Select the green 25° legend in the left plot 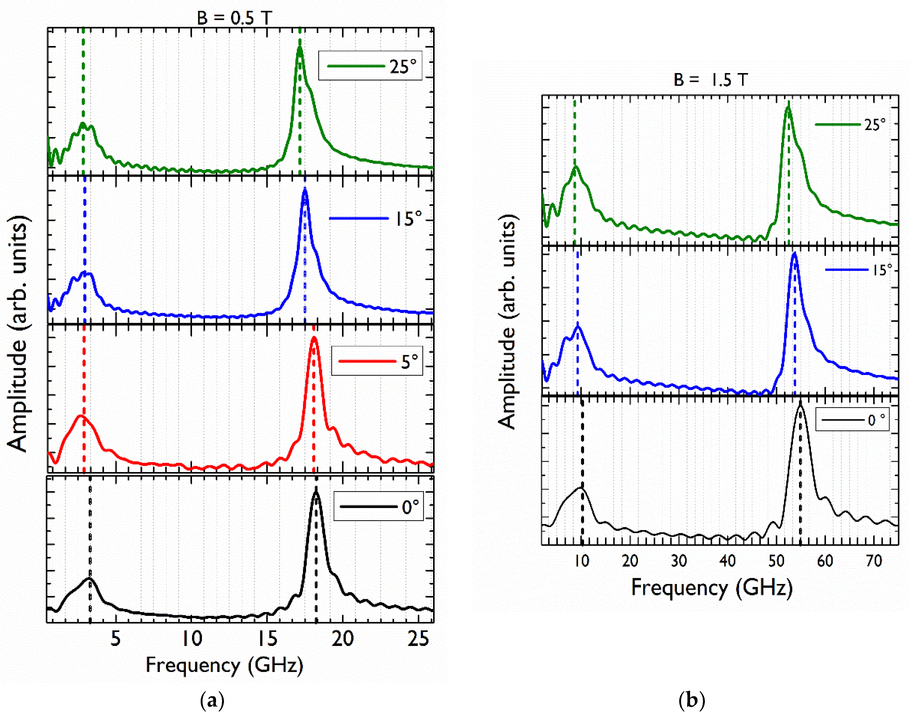point(370,66)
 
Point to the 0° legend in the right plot point(852,419)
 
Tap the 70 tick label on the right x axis point(874,560)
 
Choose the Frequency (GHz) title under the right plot point(711,587)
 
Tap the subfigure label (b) point(691,700)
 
